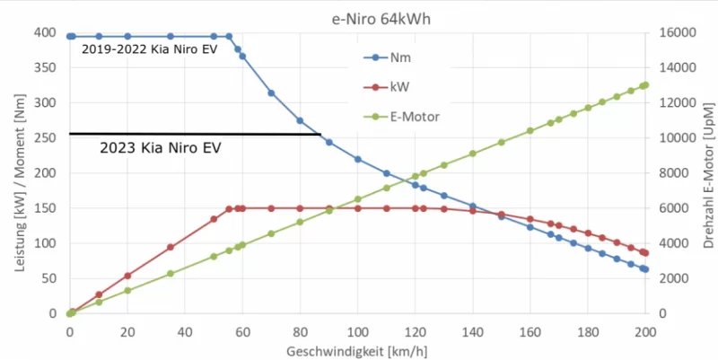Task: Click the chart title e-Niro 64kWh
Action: point(359,15)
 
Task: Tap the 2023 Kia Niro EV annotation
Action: point(160,147)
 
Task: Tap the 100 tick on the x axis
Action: point(357,329)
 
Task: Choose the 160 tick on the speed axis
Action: point(530,329)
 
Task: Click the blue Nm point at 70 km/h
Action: point(271,92)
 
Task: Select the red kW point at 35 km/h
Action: point(171,247)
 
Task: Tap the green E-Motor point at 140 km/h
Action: point(473,154)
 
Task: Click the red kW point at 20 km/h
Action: point(127,276)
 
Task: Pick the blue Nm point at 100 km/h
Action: point(358,159)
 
